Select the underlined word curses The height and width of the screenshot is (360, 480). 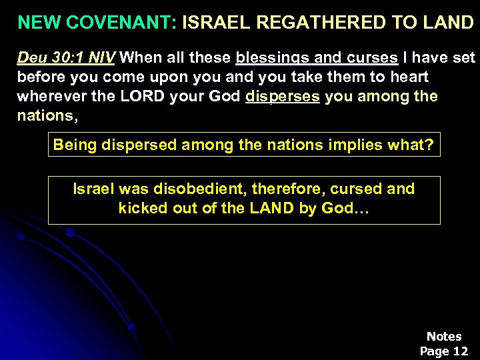point(375,58)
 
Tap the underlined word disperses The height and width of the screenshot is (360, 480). point(283,96)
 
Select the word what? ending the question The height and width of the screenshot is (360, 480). point(410,145)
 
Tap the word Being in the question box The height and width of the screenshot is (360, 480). point(75,145)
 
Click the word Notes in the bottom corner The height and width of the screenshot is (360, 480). point(444,337)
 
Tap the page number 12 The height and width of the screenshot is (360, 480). point(460,351)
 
